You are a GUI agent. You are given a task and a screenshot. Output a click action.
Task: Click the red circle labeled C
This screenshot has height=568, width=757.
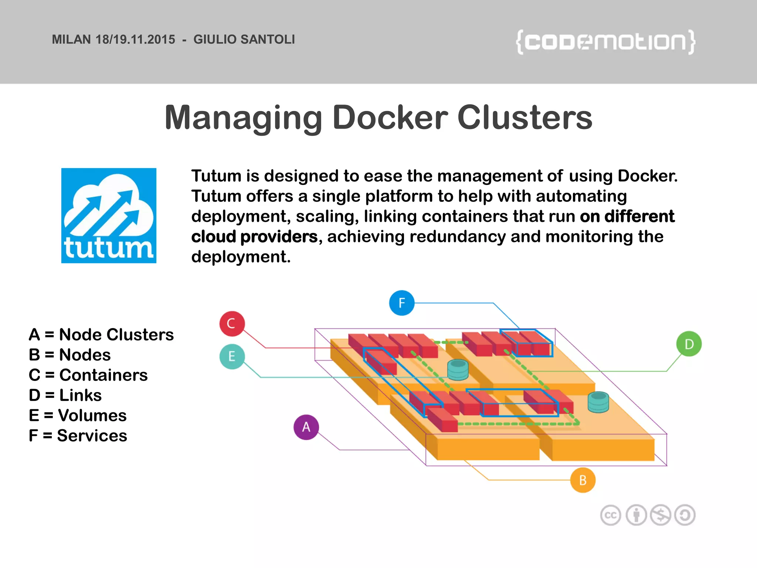pyautogui.click(x=232, y=324)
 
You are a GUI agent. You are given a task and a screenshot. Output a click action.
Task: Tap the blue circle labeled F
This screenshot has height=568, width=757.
pyautogui.click(x=401, y=303)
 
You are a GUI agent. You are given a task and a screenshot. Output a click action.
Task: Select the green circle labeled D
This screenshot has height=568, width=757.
pyautogui.click(x=689, y=344)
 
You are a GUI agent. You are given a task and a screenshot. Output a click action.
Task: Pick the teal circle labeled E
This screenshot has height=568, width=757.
pyautogui.click(x=232, y=356)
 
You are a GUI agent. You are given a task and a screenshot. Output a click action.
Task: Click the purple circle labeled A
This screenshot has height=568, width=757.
pyautogui.click(x=306, y=427)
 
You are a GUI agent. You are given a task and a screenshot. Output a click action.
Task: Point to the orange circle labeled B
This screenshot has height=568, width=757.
pyautogui.click(x=583, y=480)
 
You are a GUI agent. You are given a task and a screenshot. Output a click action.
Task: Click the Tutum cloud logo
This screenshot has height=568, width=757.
pyautogui.click(x=109, y=216)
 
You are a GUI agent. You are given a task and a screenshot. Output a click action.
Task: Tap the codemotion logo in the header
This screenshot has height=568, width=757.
pyautogui.click(x=605, y=42)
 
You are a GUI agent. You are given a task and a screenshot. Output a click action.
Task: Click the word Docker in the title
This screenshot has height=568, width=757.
pyautogui.click(x=390, y=118)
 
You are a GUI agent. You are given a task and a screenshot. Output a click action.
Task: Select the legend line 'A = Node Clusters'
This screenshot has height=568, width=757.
pyautogui.click(x=101, y=335)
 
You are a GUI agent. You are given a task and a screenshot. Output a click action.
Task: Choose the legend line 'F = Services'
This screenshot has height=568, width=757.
pyautogui.click(x=78, y=436)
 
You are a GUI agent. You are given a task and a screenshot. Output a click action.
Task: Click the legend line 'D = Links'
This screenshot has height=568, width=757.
pyautogui.click(x=65, y=395)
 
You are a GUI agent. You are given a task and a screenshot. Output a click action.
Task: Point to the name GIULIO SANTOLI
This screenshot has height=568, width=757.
pyautogui.click(x=244, y=40)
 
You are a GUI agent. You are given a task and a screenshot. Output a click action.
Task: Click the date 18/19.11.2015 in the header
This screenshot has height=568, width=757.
pyautogui.click(x=135, y=40)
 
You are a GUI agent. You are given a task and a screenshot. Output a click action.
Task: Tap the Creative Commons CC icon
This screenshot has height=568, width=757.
pyautogui.click(x=610, y=515)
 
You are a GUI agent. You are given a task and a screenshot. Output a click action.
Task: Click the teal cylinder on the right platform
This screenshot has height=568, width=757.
pyautogui.click(x=598, y=402)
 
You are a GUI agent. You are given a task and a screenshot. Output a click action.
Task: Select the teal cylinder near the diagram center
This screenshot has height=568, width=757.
pyautogui.click(x=458, y=369)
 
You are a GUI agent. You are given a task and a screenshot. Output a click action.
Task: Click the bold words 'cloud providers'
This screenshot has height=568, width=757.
pyautogui.click(x=254, y=237)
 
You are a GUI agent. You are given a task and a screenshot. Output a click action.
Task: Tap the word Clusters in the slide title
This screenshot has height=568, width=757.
pyautogui.click(x=525, y=118)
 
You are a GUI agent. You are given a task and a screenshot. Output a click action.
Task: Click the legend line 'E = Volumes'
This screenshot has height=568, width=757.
pyautogui.click(x=78, y=416)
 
